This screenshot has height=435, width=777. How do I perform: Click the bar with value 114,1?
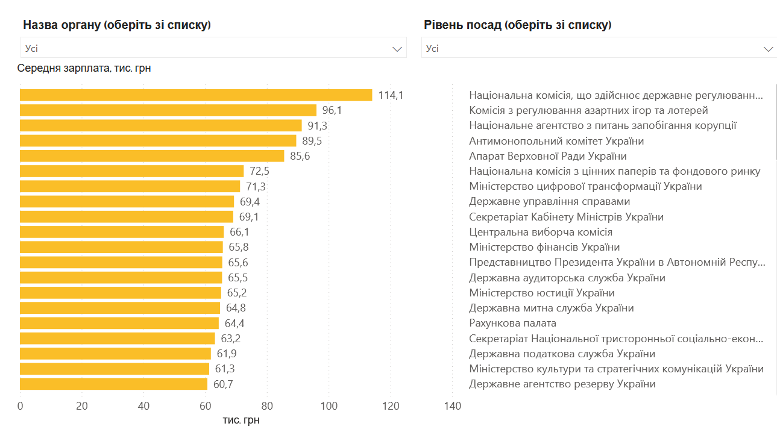click(x=196, y=95)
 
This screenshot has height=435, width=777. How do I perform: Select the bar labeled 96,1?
click(x=168, y=110)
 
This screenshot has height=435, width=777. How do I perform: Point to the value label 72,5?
click(x=259, y=171)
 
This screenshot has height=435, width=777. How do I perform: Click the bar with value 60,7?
click(x=113, y=384)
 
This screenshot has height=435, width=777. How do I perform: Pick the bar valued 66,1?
click(x=122, y=232)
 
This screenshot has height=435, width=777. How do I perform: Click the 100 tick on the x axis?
click(x=329, y=406)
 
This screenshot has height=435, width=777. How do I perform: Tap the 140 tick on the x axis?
click(x=452, y=406)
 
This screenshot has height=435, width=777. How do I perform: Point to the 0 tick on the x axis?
click(x=20, y=406)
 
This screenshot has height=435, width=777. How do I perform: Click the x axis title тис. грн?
click(x=241, y=420)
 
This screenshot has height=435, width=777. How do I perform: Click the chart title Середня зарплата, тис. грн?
click(x=84, y=68)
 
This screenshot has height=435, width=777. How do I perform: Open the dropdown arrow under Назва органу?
click(x=397, y=49)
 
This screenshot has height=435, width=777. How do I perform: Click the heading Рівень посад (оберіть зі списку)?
click(x=517, y=25)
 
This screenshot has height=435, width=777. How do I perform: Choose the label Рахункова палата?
click(x=512, y=323)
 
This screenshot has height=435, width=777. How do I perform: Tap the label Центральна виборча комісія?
click(x=541, y=232)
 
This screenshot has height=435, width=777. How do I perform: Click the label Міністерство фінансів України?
click(x=544, y=247)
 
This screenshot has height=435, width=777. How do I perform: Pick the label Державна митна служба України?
click(x=551, y=308)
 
